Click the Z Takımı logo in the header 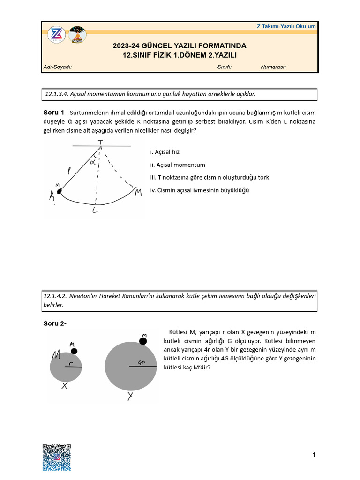tap(57, 35)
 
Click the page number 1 tap(314, 455)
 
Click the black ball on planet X tap(74, 351)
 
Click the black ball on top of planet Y tap(143, 341)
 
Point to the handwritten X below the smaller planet tap(65, 386)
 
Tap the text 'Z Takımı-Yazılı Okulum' tap(286, 26)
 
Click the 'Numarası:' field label tap(273, 67)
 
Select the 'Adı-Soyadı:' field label tap(57, 67)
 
